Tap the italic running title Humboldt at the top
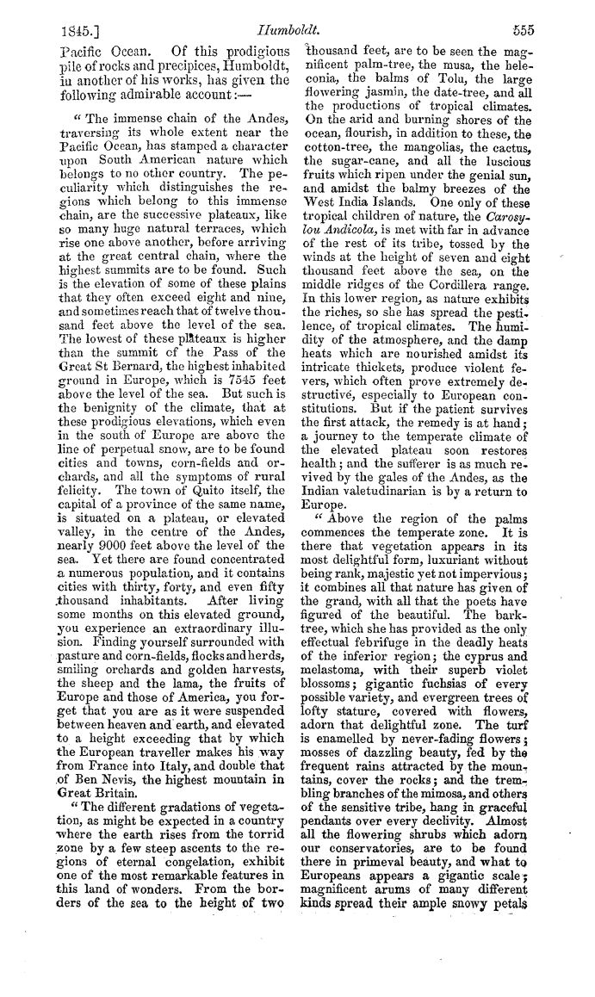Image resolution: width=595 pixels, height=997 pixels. coord(298,28)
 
